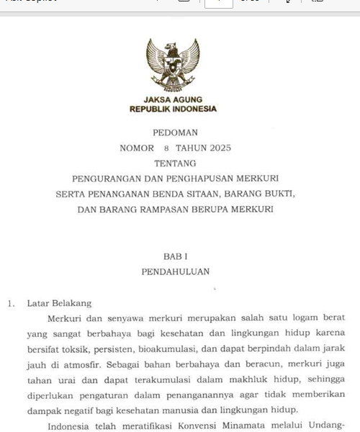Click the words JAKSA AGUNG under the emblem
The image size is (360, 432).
click(173, 99)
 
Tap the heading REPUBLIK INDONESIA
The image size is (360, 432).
click(173, 109)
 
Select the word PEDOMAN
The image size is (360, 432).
click(175, 133)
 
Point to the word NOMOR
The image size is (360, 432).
click(136, 148)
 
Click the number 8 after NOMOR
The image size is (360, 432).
click(166, 148)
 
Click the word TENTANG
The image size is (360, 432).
click(175, 163)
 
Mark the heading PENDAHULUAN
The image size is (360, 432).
click(175, 272)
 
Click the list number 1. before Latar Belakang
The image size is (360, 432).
click(12, 304)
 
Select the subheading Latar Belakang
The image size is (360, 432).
click(59, 304)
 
